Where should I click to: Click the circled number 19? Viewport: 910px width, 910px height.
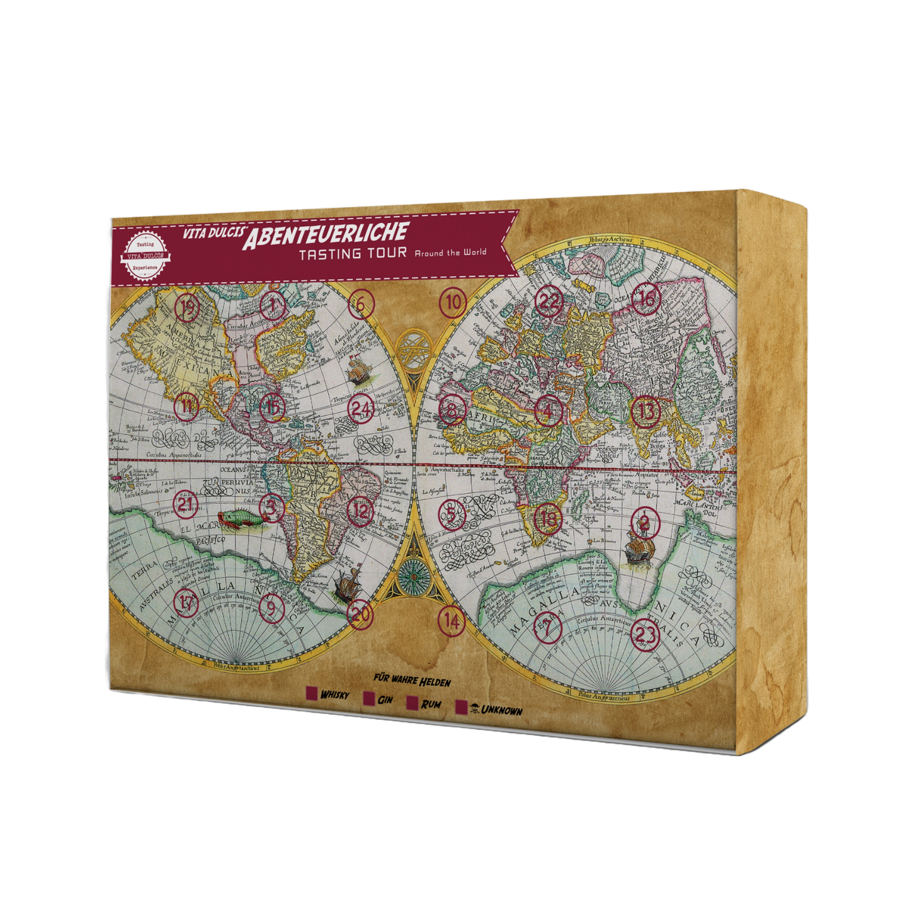(187, 308)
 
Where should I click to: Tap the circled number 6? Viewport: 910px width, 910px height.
(360, 304)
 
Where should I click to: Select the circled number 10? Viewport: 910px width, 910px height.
(453, 303)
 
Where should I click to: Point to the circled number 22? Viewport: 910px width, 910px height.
(548, 302)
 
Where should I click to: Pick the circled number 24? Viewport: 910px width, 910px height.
(361, 409)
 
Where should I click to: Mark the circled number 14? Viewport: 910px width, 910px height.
(452, 621)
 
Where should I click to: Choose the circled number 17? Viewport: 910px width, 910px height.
(186, 602)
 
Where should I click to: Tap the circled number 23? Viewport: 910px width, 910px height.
(645, 633)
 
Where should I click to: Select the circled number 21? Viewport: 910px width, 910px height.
(185, 504)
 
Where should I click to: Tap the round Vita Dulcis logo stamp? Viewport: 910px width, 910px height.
(145, 255)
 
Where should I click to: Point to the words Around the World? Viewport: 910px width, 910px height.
(450, 253)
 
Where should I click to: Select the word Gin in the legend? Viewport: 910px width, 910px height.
(385, 700)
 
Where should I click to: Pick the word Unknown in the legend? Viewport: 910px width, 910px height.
(501, 710)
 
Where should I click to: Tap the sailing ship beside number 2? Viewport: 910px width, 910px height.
(637, 547)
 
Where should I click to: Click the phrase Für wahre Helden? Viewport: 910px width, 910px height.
(412, 680)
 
